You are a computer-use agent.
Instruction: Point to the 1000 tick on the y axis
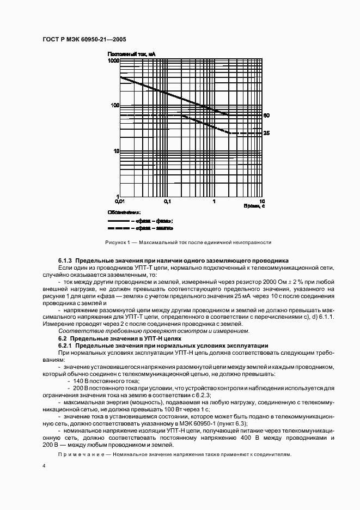pos(113,61)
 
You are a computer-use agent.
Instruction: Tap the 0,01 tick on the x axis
pos(120,201)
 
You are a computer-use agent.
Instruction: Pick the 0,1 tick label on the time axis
pos(167,201)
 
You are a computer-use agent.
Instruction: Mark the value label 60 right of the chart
pos(266,116)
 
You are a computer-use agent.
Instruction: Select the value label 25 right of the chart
pos(266,133)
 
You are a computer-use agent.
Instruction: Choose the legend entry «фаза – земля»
pos(157,228)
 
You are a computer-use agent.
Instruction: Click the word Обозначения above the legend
pos(124,212)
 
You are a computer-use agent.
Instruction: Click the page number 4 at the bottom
pos(44,466)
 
